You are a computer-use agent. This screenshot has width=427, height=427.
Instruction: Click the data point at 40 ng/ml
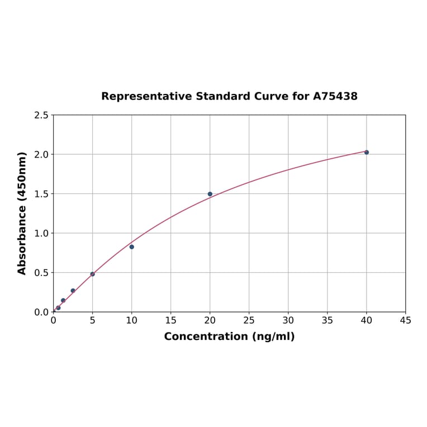click(x=367, y=152)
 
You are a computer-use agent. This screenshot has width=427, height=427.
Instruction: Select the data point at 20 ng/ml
click(x=210, y=194)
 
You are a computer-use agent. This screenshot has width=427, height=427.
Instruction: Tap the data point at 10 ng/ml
click(x=132, y=246)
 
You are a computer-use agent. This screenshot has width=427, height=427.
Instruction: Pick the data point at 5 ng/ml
click(x=93, y=274)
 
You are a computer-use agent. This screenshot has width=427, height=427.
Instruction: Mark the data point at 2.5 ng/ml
click(x=73, y=291)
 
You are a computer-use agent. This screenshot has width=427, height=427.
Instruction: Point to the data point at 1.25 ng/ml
click(x=63, y=300)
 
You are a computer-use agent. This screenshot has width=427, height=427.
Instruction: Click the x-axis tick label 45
click(x=406, y=320)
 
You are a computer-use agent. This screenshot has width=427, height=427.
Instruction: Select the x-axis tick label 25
click(x=249, y=320)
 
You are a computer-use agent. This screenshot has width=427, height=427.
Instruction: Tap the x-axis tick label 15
click(x=171, y=320)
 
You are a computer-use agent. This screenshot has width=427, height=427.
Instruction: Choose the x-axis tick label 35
click(x=328, y=320)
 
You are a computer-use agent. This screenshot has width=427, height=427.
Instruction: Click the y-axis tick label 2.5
click(x=41, y=115)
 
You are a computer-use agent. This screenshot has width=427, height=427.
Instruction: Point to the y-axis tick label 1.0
click(x=41, y=233)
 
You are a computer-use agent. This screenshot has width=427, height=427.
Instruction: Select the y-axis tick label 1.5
click(x=41, y=194)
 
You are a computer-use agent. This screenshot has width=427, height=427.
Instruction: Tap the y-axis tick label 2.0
click(x=41, y=154)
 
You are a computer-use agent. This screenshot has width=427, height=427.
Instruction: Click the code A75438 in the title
click(x=335, y=96)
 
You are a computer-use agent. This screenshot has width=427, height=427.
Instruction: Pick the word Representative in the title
click(x=146, y=96)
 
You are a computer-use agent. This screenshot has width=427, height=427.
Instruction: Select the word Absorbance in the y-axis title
click(x=22, y=230)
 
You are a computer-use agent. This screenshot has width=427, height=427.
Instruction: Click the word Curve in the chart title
click(x=271, y=96)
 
